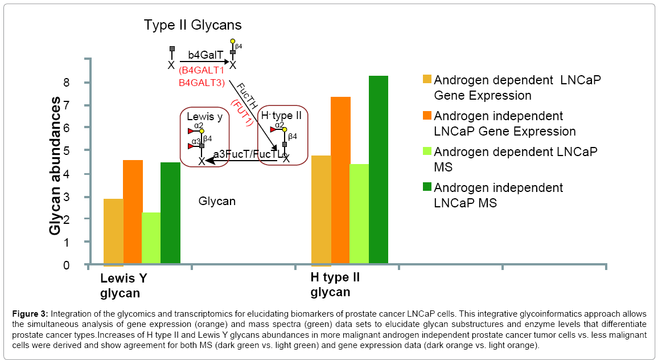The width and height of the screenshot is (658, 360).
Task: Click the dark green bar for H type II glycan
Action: click(x=378, y=171)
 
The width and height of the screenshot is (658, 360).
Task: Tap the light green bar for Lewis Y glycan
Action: click(x=151, y=239)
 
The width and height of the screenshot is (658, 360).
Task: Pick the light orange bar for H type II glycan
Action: click(x=321, y=210)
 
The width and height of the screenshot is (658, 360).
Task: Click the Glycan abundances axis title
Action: click(x=55, y=166)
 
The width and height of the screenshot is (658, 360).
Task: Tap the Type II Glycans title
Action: click(x=192, y=25)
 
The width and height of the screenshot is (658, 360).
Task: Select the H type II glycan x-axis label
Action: click(x=335, y=285)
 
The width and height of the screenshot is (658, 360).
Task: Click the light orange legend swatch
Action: click(x=427, y=79)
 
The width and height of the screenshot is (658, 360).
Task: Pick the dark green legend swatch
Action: click(x=427, y=187)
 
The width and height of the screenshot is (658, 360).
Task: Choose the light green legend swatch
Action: click(x=427, y=151)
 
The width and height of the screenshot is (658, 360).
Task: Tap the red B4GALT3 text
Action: click(x=201, y=83)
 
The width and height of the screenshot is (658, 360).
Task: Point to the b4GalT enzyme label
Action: click(x=203, y=56)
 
